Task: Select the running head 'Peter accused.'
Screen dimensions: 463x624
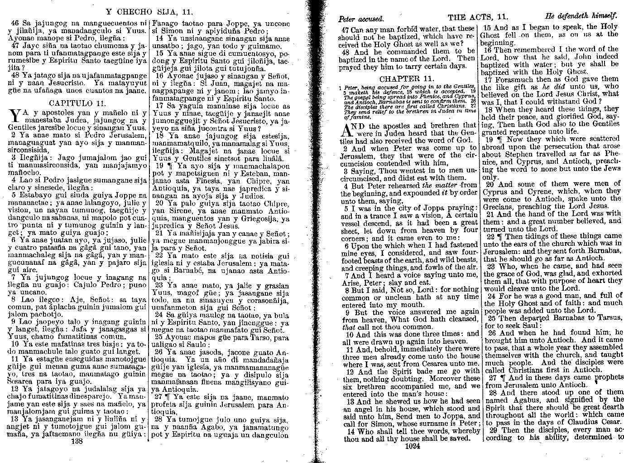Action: pyautogui.click(x=361, y=19)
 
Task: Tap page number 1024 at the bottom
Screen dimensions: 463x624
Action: pyautogui.click(x=413, y=446)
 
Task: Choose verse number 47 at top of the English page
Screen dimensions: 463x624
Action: pyautogui.click(x=346, y=29)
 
